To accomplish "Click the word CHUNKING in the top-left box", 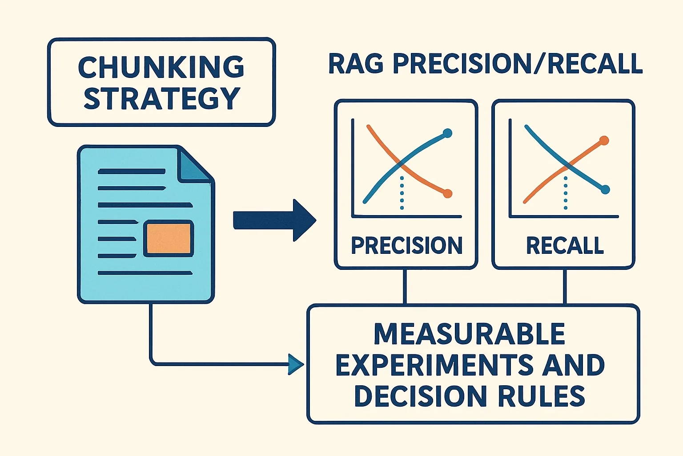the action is click(x=161, y=67).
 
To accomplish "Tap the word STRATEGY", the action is click(x=162, y=98).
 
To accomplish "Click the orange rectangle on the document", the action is click(x=169, y=239).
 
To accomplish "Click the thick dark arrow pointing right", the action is click(x=274, y=220).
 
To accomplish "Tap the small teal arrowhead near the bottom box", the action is click(x=296, y=364).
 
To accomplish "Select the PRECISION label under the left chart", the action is click(x=406, y=245).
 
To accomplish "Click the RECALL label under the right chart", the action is click(x=565, y=245).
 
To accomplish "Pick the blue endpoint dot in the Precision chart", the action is click(x=447, y=133).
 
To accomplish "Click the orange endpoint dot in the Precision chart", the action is click(x=447, y=193).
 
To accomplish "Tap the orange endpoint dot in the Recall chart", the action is click(x=604, y=140).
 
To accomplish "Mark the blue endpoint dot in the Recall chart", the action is click(x=605, y=190).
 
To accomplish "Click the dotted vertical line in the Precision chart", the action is click(x=402, y=193).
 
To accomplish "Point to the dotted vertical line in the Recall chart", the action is click(x=566, y=193).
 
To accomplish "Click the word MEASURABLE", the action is click(x=470, y=334).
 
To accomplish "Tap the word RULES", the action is click(x=542, y=396).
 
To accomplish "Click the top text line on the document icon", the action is click(x=132, y=171).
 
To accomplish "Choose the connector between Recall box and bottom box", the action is click(x=565, y=287).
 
